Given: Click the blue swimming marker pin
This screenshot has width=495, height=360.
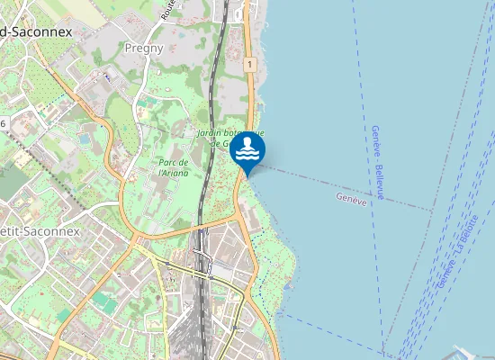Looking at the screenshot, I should point(247,150).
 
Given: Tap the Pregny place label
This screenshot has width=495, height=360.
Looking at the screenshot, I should point(144,48).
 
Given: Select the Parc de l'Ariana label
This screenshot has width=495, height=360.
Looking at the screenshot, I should point(173,167).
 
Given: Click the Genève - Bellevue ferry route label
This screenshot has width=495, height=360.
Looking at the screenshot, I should point(378,163).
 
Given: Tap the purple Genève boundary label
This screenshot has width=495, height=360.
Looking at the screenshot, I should point(351,198).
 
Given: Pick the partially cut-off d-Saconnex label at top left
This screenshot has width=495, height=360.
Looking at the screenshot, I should point(36,31).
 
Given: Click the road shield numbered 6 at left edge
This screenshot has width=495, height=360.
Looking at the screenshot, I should point(3,122).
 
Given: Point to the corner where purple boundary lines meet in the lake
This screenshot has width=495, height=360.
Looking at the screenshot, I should point(433,211).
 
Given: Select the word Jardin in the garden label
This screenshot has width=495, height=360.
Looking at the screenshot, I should point(209,133).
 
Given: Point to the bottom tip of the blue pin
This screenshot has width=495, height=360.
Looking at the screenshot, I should point(247,176).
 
